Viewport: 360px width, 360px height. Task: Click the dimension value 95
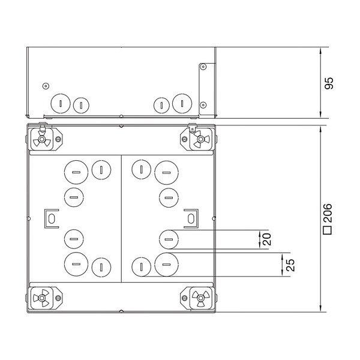coord(329,83)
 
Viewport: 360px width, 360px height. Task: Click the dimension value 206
coord(328,213)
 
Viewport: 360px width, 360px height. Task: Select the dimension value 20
coord(266,239)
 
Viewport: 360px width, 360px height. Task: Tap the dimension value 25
coord(290,265)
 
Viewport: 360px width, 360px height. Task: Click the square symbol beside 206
coord(328,230)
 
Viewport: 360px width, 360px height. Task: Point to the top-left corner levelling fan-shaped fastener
coord(42,139)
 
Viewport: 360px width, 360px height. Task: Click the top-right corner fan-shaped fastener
coord(200,139)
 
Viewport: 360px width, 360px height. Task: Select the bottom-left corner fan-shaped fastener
coord(42,298)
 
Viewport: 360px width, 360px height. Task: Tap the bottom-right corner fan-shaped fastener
coord(200,298)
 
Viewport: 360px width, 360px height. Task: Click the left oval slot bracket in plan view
coord(52,218)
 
